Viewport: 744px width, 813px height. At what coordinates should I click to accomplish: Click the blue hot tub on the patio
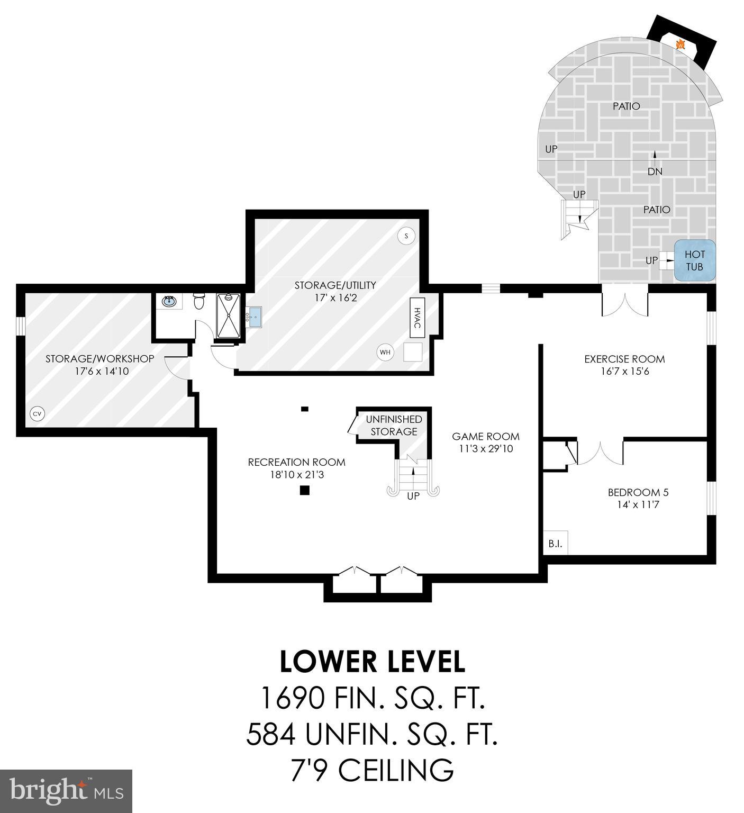694,260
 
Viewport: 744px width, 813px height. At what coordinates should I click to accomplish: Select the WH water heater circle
385,351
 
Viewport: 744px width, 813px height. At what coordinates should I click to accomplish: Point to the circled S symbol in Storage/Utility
406,236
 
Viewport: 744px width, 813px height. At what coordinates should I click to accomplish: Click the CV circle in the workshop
37,414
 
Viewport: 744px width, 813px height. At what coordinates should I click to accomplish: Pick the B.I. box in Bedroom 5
555,544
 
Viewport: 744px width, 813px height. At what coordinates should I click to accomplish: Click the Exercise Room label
624,359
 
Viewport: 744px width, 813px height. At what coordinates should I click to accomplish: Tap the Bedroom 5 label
638,492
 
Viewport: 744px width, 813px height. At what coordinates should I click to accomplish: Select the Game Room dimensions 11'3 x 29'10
485,449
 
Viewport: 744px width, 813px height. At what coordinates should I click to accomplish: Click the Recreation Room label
296,462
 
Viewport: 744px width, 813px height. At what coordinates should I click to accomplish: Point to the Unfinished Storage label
394,426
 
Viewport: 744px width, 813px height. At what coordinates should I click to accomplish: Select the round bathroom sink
169,302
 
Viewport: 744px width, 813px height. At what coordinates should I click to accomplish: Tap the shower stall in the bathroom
228,315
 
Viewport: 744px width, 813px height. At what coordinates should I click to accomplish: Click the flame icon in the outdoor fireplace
681,44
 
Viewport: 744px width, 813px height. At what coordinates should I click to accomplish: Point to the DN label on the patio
655,171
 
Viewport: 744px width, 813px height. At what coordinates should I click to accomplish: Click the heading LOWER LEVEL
372,662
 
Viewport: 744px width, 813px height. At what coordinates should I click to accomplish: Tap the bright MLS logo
66,791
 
